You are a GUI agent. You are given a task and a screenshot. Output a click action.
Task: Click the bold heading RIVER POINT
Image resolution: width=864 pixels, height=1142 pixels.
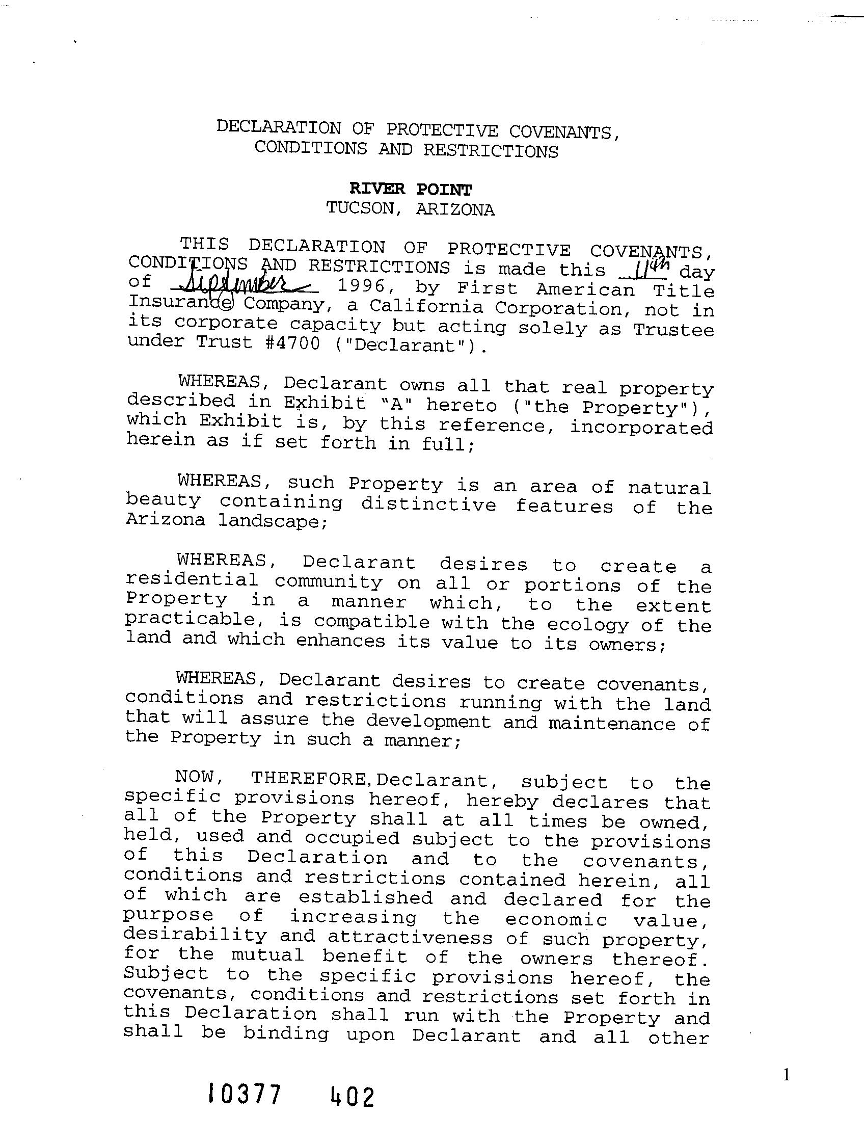(x=410, y=190)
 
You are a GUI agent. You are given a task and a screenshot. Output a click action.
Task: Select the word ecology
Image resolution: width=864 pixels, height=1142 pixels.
(x=587, y=625)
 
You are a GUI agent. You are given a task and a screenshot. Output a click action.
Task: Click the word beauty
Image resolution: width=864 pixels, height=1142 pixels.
(x=163, y=500)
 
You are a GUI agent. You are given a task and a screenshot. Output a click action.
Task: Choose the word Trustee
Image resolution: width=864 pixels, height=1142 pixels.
(x=673, y=330)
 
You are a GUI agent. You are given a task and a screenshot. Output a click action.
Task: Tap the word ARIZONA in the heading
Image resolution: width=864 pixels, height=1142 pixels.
(x=455, y=209)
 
